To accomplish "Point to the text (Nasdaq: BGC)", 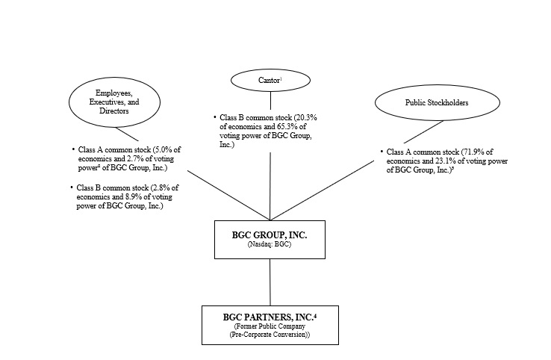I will [x=269, y=244].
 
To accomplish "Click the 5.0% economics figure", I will [x=164, y=150].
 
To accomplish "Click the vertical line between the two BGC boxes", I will [x=269, y=282].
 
